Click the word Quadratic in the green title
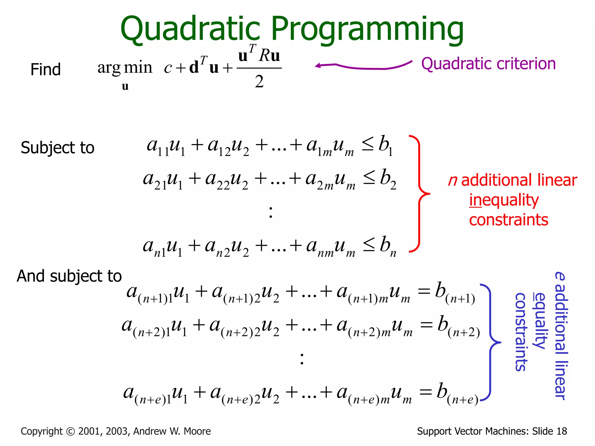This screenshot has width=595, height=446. (190, 29)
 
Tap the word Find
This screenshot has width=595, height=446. (46, 70)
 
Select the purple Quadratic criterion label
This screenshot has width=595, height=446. (488, 64)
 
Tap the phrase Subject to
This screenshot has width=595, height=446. (58, 148)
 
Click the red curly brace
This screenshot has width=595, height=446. (419, 194)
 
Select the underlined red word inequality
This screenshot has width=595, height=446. (504, 200)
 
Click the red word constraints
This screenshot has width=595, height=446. (508, 220)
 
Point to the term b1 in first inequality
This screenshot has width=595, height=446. (386, 145)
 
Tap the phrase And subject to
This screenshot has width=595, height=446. (69, 276)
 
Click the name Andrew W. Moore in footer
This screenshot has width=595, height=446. (172, 431)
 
